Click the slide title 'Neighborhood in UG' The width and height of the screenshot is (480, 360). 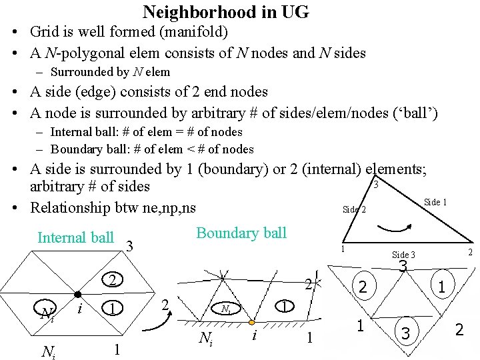[x=225, y=12]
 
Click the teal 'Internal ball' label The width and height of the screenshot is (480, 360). [x=75, y=237]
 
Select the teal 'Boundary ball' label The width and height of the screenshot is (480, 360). [x=241, y=233]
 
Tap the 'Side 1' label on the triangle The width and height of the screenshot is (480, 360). [x=435, y=202]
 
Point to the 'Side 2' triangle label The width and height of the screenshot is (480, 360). [x=354, y=209]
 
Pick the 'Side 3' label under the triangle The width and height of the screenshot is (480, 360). [x=403, y=255]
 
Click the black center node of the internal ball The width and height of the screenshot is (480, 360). [x=78, y=294]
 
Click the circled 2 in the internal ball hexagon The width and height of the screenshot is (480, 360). [x=113, y=279]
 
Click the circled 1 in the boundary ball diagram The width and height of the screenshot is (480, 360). [x=284, y=306]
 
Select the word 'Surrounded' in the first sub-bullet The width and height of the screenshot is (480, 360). [x=79, y=72]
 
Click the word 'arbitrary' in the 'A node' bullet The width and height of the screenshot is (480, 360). [x=260, y=113]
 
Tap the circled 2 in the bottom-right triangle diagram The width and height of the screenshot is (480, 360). [x=362, y=287]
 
